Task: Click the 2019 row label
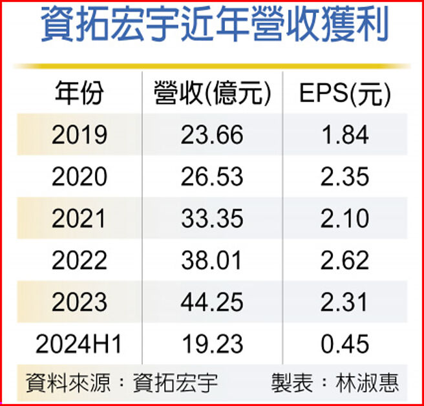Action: point(79,135)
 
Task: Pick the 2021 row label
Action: point(79,219)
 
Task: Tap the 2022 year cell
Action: point(79,261)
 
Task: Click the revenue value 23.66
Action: point(212,135)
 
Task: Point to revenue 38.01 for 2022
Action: point(212,261)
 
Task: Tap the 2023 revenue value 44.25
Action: point(212,303)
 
